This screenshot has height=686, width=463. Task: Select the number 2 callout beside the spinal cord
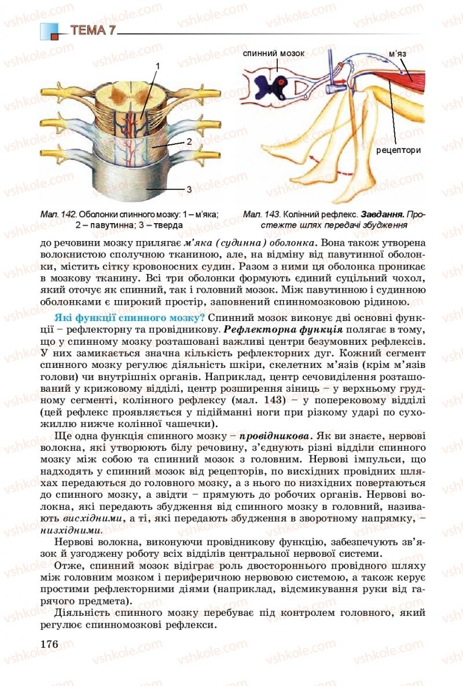click(x=189, y=141)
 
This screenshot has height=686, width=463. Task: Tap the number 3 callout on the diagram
click(x=189, y=189)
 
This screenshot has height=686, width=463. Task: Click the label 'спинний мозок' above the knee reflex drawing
click(x=273, y=53)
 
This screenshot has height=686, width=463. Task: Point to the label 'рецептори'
click(x=398, y=150)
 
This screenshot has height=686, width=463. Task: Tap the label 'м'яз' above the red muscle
click(x=396, y=55)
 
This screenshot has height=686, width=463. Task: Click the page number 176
click(x=50, y=644)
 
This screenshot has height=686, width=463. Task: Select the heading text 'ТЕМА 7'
click(x=93, y=31)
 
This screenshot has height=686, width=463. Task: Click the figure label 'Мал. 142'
click(x=60, y=214)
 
